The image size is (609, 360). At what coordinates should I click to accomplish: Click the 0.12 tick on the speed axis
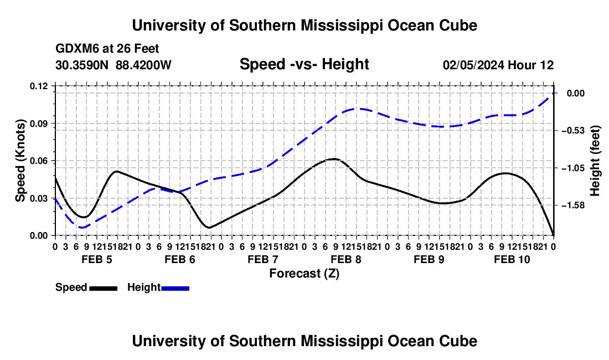click(x=38, y=86)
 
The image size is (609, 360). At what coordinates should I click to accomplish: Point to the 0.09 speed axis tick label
click(x=38, y=124)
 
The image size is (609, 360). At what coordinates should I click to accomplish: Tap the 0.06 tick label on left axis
click(x=38, y=161)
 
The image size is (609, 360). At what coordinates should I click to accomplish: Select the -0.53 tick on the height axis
click(x=573, y=131)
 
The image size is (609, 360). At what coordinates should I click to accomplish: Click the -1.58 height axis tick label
click(x=573, y=205)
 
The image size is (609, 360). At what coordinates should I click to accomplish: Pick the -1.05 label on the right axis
click(x=573, y=168)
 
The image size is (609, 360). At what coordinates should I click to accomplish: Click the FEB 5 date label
click(x=97, y=259)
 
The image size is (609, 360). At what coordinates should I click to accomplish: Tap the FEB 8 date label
click(x=346, y=259)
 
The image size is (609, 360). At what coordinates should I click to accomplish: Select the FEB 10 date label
click(x=512, y=259)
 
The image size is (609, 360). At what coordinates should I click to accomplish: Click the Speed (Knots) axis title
click(x=20, y=161)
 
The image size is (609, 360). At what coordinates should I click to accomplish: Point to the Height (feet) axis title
click(x=595, y=161)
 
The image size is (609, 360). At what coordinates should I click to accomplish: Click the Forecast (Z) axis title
click(x=304, y=274)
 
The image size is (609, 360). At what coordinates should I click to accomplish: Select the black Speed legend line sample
click(x=104, y=289)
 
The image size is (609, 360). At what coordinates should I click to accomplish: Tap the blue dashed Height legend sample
click(x=175, y=289)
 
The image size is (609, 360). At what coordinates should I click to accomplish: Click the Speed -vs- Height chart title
click(x=304, y=64)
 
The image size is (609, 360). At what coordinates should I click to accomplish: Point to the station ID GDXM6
click(x=78, y=49)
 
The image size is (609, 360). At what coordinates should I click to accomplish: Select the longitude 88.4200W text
click(x=143, y=65)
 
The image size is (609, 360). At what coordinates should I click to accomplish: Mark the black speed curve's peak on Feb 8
click(x=334, y=159)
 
